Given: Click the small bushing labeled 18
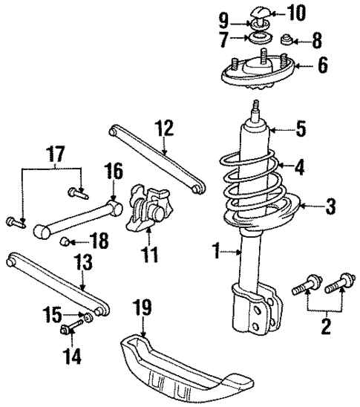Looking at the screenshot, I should [65, 241].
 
